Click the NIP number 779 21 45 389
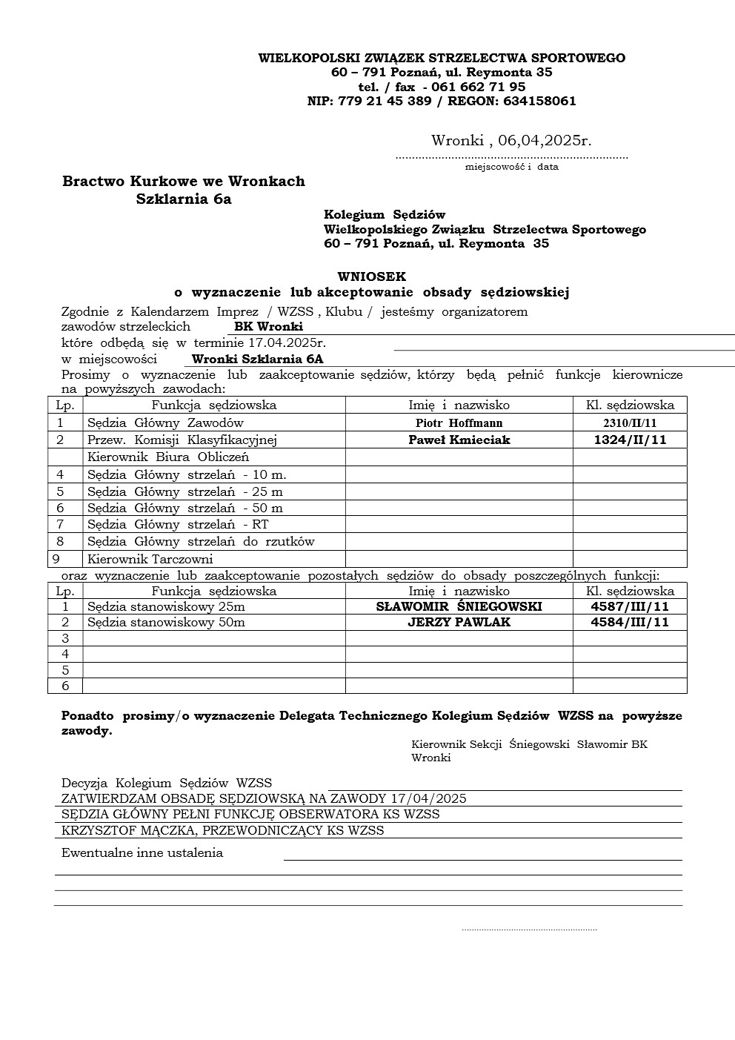[x=385, y=101]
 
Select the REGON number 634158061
[x=539, y=101]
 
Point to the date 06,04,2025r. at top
[x=545, y=140]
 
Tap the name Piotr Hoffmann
[x=459, y=423]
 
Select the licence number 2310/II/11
[x=630, y=423]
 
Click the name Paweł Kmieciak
[x=459, y=440]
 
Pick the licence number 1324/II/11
[x=630, y=440]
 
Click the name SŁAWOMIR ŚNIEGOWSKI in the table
[x=459, y=606]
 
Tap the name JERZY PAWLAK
[x=459, y=622]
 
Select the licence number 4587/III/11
[x=630, y=606]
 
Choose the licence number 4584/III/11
[x=630, y=622]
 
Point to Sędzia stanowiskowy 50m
[x=166, y=622]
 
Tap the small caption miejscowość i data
[x=511, y=167]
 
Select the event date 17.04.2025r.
[x=287, y=342]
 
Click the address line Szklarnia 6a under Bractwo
[x=184, y=199]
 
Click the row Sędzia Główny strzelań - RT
[x=178, y=524]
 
